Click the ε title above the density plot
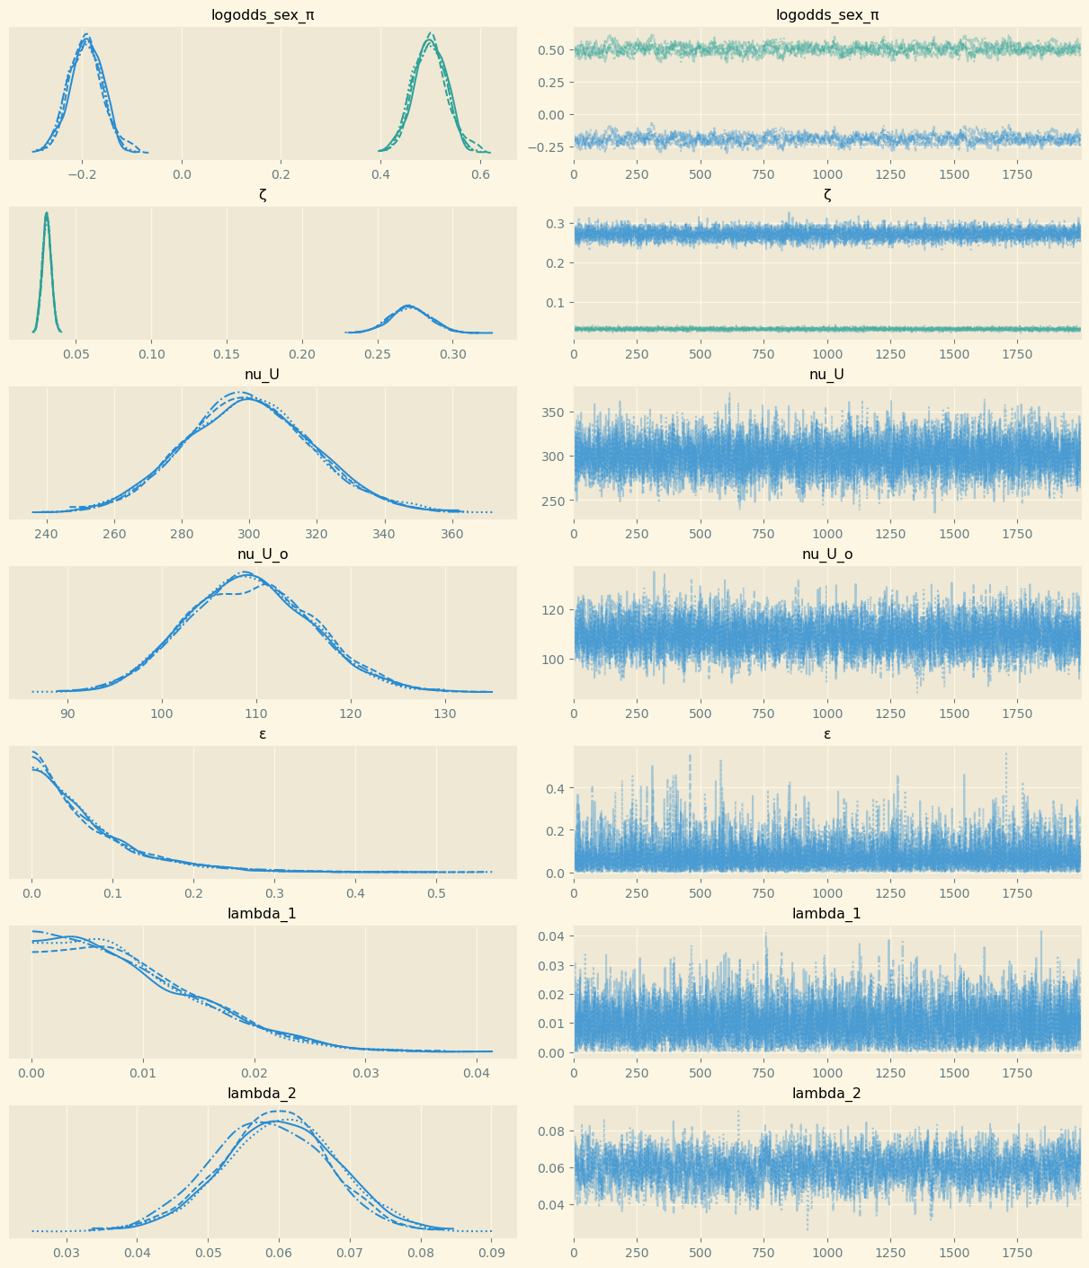pos(263,734)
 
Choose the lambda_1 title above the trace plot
pos(826,914)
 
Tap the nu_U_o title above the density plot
pos(263,554)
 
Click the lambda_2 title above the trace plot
pos(826,1094)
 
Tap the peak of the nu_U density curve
pos(243,395)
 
